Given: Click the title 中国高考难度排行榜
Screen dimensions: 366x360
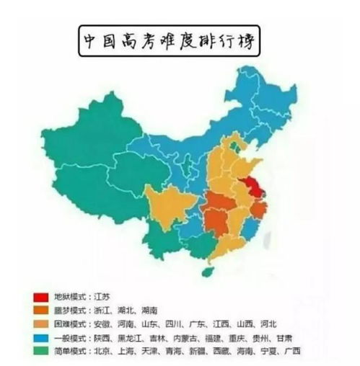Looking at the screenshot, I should pos(168,42).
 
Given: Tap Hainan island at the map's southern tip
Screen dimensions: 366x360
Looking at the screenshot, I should pos(208,272).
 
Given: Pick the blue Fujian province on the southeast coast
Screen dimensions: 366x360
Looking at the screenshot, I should pos(250,233).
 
